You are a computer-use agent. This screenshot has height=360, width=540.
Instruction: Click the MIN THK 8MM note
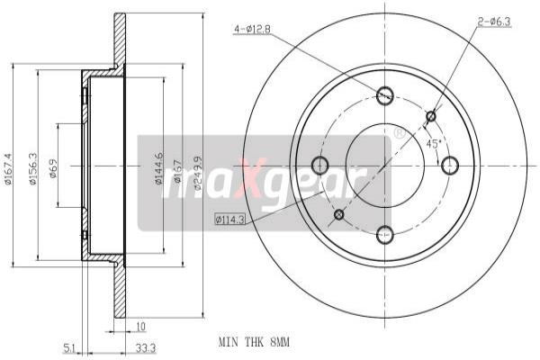click(x=256, y=343)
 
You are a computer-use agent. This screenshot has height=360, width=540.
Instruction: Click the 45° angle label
click(x=433, y=143)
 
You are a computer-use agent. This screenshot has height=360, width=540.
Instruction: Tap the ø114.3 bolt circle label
click(x=234, y=219)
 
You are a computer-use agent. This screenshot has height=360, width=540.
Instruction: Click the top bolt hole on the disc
click(x=385, y=94)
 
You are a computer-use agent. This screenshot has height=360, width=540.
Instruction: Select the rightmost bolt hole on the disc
click(x=451, y=165)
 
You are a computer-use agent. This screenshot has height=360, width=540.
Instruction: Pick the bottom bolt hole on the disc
click(x=385, y=235)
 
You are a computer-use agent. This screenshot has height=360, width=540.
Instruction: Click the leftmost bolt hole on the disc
click(x=319, y=165)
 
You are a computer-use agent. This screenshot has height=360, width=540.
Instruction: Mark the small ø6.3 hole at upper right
click(x=431, y=115)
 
